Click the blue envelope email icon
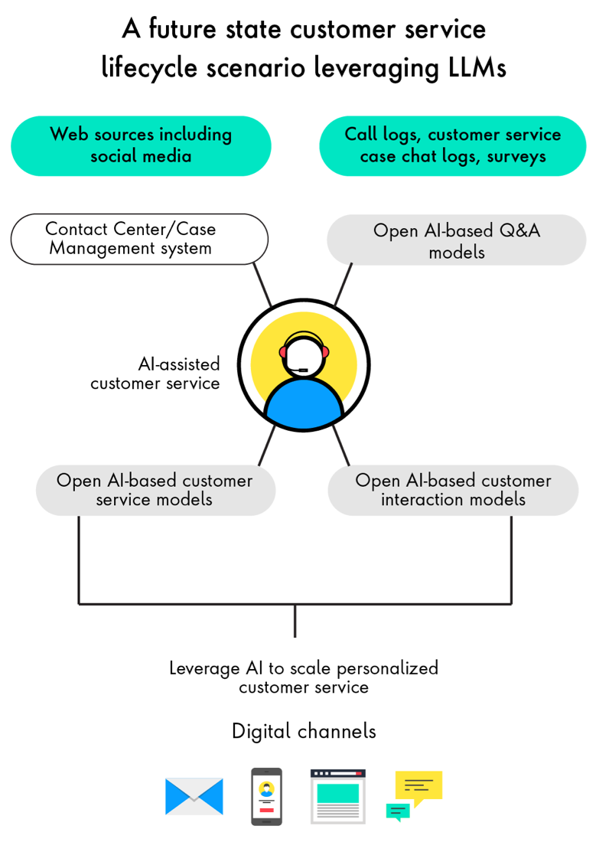(x=194, y=797)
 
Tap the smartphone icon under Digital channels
(x=266, y=797)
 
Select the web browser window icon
(x=337, y=797)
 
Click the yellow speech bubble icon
(x=419, y=788)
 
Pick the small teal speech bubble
(x=397, y=811)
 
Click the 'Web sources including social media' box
(x=141, y=145)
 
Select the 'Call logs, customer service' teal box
(x=452, y=145)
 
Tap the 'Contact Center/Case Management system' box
(x=139, y=239)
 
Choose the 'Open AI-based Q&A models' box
(x=456, y=240)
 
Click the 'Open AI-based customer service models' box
(x=155, y=490)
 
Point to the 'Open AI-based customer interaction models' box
(x=453, y=490)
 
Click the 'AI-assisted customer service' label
(x=155, y=373)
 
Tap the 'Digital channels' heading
(x=304, y=731)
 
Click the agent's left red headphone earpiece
(x=283, y=351)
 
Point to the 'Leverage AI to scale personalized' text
(x=304, y=667)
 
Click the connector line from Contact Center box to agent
(x=262, y=285)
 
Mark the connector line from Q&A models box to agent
(x=344, y=285)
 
